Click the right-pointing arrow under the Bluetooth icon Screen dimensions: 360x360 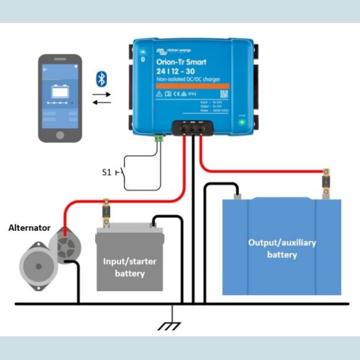[x=100, y=94]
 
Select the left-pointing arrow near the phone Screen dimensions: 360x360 [x=100, y=103]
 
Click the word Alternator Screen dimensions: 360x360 [x=30, y=227]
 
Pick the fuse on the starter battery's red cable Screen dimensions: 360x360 [x=106, y=211]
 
